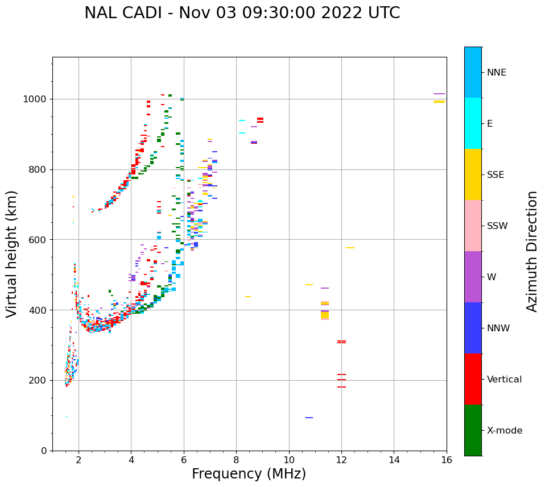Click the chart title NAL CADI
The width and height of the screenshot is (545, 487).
click(x=242, y=13)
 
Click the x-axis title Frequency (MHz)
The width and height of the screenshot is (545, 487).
click(x=249, y=474)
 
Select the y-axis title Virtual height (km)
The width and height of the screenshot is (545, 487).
click(x=12, y=253)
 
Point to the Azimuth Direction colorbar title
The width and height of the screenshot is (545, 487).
click(x=532, y=251)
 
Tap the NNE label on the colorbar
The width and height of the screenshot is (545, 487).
click(x=496, y=73)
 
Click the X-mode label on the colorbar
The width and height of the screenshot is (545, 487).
click(x=505, y=431)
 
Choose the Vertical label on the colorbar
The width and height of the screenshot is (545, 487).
click(x=504, y=380)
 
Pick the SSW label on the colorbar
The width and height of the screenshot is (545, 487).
click(x=497, y=226)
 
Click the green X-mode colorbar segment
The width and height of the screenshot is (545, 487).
click(x=473, y=430)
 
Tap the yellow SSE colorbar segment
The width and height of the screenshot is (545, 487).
click(x=473, y=174)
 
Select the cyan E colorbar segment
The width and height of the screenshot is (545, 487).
click(x=473, y=123)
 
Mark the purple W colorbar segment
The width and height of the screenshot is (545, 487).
click(x=473, y=277)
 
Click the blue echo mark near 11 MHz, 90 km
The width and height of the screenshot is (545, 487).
click(x=309, y=418)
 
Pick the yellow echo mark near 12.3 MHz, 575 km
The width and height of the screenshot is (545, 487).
click(x=350, y=248)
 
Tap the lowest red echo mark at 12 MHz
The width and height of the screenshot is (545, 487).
click(x=341, y=387)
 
